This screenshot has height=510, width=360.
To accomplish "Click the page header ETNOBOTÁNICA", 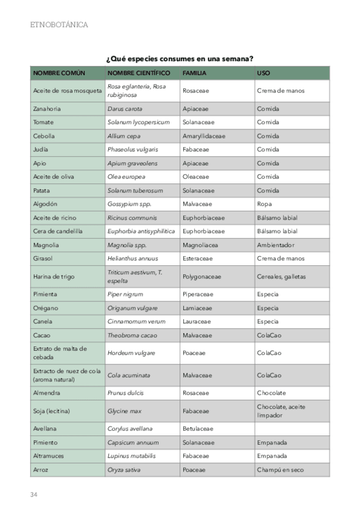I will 58,25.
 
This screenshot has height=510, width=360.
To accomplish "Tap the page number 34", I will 34,494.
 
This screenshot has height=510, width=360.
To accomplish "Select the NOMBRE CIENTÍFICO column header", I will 139,73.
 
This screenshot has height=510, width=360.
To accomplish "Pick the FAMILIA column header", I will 195,73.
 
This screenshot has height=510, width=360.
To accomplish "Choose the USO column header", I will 263,73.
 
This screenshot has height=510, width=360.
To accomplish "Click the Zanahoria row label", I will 47,109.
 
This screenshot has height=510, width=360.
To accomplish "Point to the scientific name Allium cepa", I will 124,136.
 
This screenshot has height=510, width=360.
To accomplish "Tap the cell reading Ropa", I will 264,204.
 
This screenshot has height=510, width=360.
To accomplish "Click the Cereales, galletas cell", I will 281,277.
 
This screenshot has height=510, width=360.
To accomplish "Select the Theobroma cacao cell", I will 132,335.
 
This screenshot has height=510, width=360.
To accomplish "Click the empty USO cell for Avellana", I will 291,428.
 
